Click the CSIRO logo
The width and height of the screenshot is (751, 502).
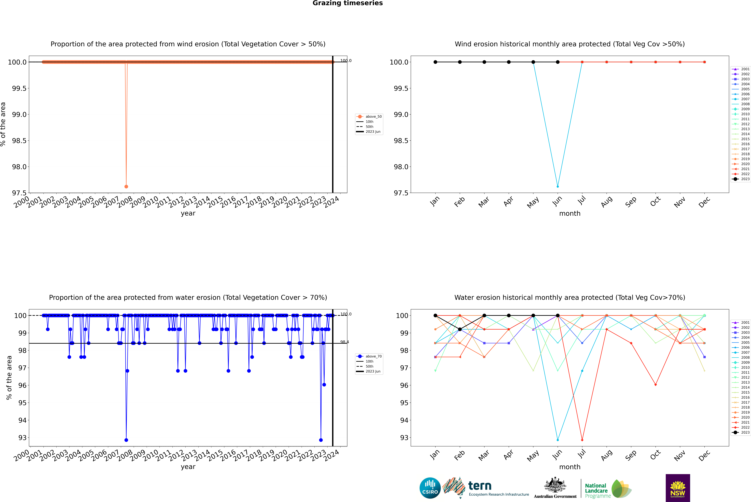[x=430, y=488]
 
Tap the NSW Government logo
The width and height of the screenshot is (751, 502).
[x=678, y=488]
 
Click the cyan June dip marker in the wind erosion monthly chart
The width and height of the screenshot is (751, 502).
[x=558, y=186]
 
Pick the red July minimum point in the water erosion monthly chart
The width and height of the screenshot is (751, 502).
[x=582, y=440]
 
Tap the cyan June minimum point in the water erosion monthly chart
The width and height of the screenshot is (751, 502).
[x=558, y=440]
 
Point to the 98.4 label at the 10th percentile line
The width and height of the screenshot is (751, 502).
[x=344, y=342]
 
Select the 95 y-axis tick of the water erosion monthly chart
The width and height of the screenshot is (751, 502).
[x=404, y=403]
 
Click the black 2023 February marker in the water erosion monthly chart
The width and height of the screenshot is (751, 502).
[x=460, y=329]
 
